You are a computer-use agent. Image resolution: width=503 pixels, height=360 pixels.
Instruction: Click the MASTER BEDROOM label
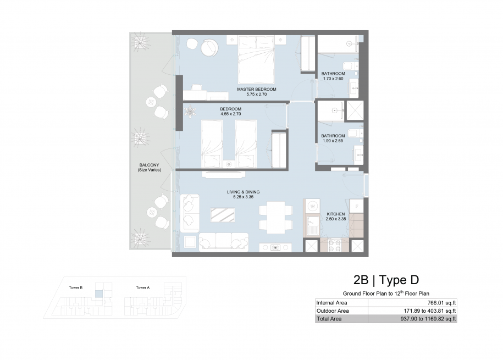(257, 89)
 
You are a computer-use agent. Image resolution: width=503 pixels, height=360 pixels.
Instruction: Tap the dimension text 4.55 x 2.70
(231, 114)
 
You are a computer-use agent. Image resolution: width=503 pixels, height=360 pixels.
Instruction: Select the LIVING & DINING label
(243, 192)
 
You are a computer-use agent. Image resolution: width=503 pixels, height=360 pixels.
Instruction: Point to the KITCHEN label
(335, 214)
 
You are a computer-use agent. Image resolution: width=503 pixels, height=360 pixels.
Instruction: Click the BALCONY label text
(149, 165)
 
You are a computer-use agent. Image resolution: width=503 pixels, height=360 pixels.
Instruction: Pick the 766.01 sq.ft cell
(441, 303)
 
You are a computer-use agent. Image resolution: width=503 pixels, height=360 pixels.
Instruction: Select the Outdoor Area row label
(333, 311)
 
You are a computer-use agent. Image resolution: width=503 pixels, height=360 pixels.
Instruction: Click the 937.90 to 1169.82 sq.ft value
(428, 319)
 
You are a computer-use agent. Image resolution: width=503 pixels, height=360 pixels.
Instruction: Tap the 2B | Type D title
(386, 280)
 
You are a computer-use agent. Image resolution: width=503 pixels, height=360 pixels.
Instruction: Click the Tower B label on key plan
(76, 288)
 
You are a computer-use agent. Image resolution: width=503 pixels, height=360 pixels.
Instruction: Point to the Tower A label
(143, 288)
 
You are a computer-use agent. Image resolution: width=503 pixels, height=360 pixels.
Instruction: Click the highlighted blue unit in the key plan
(99, 293)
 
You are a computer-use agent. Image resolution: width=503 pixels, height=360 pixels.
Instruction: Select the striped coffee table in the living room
(222, 215)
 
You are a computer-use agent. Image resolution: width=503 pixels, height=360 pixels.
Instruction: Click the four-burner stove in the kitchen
(335, 246)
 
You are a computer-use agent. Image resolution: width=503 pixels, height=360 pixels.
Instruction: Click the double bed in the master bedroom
(256, 59)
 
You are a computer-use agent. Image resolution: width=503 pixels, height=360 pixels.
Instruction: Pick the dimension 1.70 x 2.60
(333, 79)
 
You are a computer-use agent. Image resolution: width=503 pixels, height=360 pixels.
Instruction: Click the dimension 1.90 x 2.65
(333, 141)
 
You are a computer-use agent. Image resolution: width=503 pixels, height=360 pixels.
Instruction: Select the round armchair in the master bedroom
(209, 48)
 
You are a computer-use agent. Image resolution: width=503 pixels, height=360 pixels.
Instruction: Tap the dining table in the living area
(276, 218)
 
